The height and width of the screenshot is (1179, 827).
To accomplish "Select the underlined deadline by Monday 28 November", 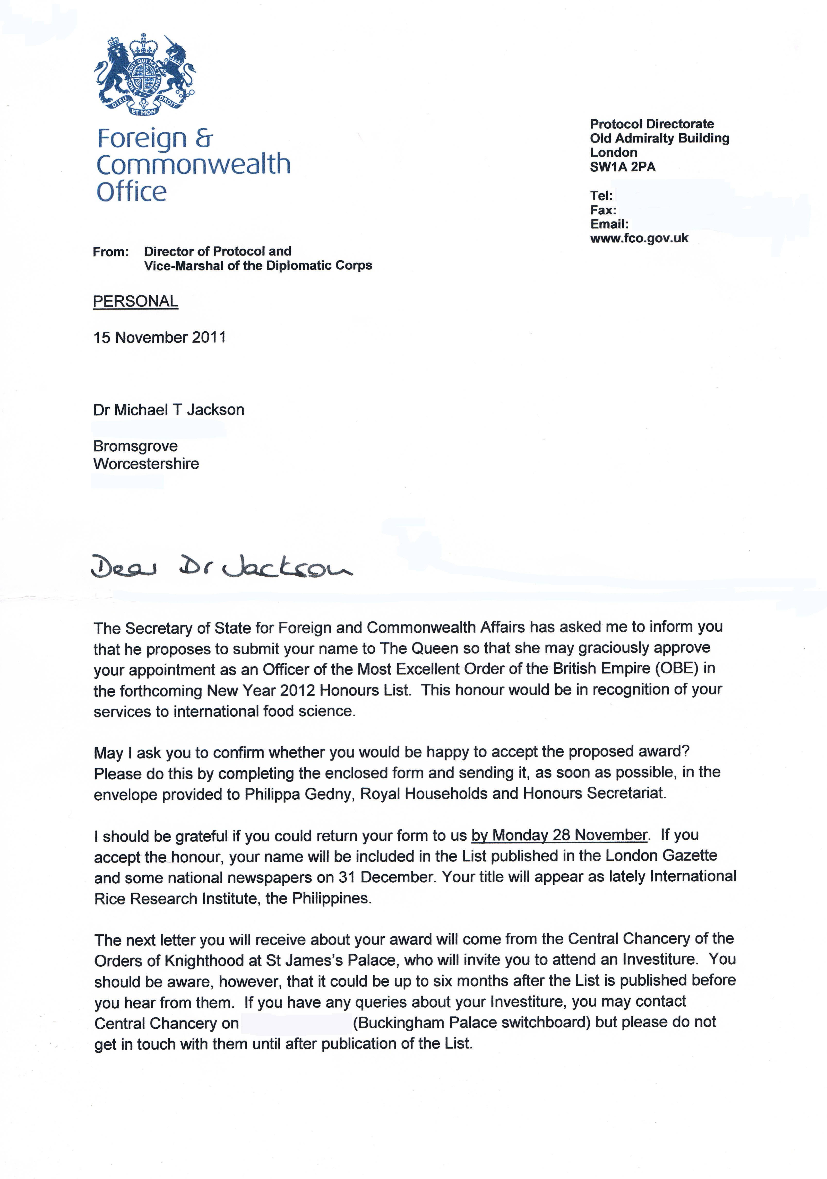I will click(x=559, y=835).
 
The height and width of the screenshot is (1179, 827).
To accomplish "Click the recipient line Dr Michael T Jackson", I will click(x=168, y=410).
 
